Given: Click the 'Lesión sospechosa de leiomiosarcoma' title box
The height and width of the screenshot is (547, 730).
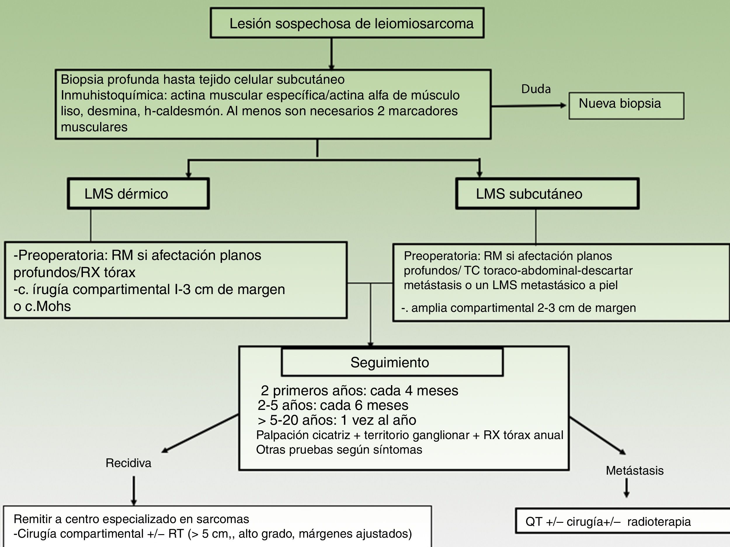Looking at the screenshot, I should [x=347, y=23].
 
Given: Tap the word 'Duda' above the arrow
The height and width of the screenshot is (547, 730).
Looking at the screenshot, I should [x=536, y=89].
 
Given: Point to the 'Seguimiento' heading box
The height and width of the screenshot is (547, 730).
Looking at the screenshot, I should [x=392, y=362].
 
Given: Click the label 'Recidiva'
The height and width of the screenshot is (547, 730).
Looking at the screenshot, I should [x=128, y=463].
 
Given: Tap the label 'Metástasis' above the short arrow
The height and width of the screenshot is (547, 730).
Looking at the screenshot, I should [x=634, y=471].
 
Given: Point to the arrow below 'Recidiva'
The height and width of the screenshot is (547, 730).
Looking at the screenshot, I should [x=134, y=490].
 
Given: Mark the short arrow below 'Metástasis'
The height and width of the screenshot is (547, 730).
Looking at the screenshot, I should [x=626, y=488].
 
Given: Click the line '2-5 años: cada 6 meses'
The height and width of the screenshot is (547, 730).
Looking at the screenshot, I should [x=333, y=405].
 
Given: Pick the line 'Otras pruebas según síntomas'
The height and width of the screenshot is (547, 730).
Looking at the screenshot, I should [x=339, y=450].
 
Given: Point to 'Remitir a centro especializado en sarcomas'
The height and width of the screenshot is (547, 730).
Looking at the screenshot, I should [x=131, y=519].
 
